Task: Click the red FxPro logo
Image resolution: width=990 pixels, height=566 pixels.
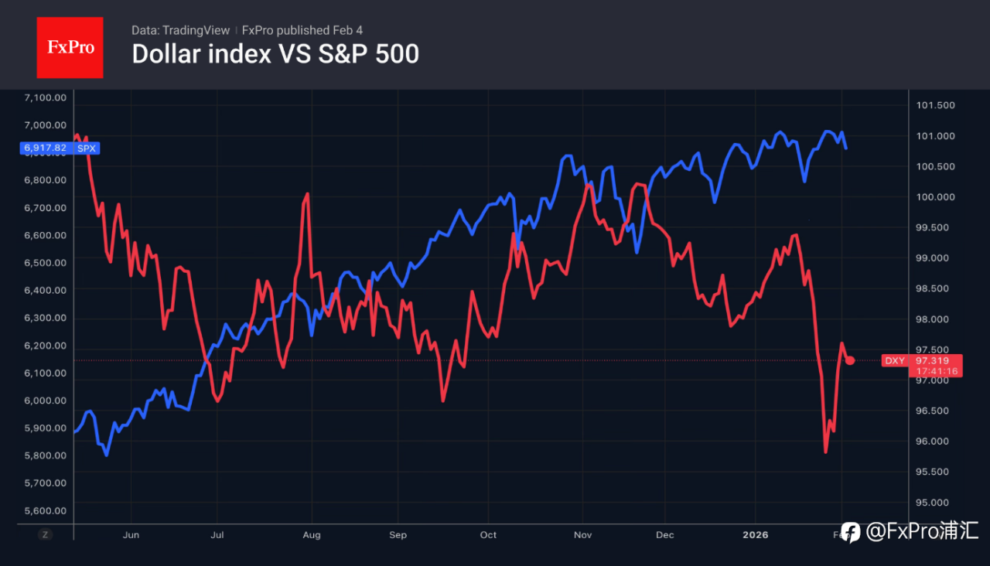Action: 70,47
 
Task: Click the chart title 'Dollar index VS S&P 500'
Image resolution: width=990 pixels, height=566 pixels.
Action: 275,54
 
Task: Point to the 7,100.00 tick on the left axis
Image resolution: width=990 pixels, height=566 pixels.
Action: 46,97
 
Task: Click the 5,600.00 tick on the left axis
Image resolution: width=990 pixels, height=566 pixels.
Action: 46,510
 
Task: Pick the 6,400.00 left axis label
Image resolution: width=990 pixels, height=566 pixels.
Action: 46,290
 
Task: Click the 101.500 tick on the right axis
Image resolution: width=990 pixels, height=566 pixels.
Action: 935,105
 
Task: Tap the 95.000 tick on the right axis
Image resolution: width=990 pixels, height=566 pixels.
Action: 935,502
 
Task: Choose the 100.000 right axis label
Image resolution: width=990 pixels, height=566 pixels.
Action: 935,196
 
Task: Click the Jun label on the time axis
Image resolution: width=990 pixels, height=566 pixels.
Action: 131,534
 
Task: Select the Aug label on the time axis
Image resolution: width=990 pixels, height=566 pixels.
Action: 312,534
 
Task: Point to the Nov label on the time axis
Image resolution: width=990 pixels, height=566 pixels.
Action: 583,534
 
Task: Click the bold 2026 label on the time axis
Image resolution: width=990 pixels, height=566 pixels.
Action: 756,534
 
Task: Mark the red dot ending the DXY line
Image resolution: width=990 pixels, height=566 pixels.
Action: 850,360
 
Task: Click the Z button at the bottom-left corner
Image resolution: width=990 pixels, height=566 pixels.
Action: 46,534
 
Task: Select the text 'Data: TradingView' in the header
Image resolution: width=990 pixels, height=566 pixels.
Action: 180,30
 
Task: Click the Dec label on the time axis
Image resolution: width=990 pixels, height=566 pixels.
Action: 664,534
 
